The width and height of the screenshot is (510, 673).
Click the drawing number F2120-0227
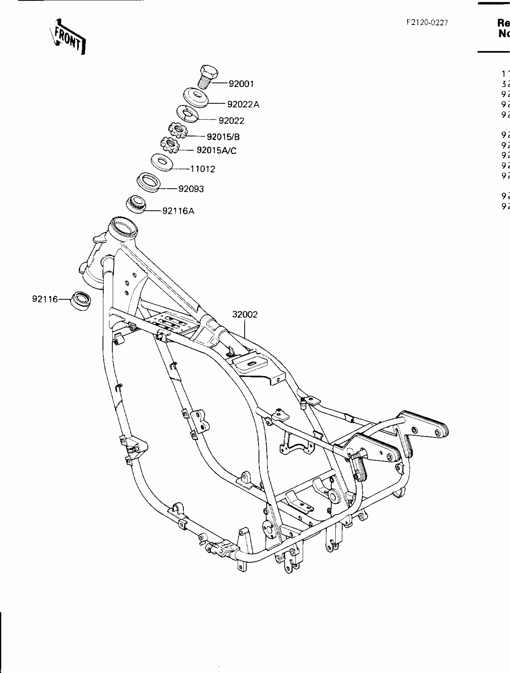[427, 22]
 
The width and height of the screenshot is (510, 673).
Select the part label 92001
[241, 84]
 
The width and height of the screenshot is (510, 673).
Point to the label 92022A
[243, 104]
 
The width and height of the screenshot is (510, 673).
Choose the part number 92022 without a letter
[231, 121]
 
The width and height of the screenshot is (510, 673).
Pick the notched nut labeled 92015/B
[178, 130]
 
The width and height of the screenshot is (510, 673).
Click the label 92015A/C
[216, 150]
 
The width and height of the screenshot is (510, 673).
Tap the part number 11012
[202, 169]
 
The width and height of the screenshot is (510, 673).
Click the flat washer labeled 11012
[162, 162]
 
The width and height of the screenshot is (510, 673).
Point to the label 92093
[191, 189]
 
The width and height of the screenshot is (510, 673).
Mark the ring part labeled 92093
[148, 182]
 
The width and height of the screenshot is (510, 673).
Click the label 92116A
[178, 211]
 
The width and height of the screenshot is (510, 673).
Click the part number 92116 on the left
[45, 299]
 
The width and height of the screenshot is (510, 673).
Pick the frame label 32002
[245, 315]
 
